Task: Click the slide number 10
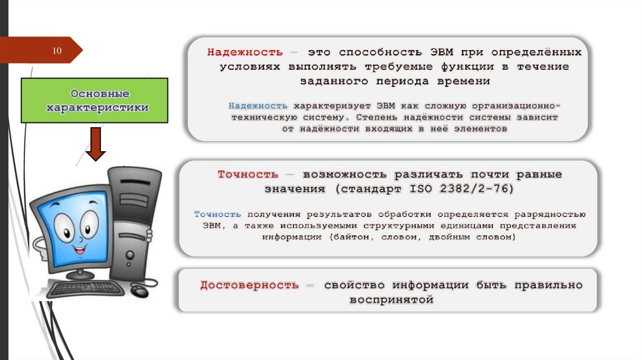click(57, 50)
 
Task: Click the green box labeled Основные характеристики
click(95, 100)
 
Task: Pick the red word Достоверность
click(250, 285)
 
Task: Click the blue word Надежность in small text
click(258, 105)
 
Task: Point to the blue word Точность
click(218, 214)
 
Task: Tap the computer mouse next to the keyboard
click(139, 290)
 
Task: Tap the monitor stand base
click(80, 274)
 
